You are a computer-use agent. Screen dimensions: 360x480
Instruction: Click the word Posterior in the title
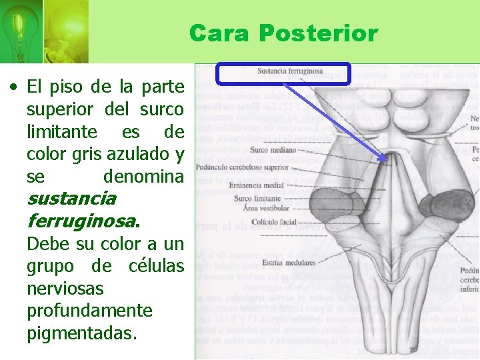pos(318,33)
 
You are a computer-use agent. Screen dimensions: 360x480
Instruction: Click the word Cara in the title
pos(219,33)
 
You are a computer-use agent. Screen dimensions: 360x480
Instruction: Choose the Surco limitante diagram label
pos(257,199)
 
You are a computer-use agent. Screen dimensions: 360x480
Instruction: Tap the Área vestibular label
pos(259,209)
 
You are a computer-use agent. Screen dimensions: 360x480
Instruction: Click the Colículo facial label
pos(261,222)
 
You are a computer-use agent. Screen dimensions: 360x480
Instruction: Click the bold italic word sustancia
pos(71,198)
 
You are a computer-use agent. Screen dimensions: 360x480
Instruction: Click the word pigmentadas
pos(82,333)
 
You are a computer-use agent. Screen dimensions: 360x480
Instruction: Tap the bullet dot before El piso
pos(13,87)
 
